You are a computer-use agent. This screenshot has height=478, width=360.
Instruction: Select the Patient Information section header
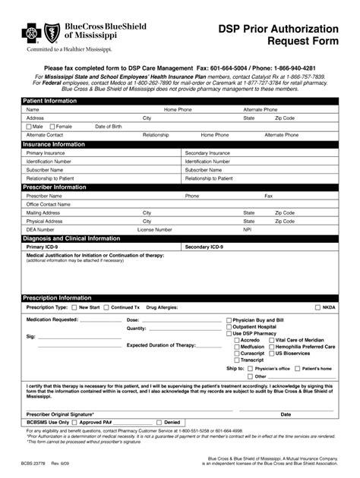pos(49,101)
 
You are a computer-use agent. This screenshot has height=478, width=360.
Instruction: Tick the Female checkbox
pos(51,126)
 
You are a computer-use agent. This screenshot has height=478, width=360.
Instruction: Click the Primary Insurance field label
pos(46,153)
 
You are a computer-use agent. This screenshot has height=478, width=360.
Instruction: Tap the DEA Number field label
pos(40,229)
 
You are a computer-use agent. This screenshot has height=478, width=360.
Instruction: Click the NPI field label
pos(247,229)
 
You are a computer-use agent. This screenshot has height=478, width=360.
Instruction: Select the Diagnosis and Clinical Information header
pos(71,238)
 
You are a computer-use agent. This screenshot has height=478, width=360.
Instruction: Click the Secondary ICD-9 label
pos(204,247)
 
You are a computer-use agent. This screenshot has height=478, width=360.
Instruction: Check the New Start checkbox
pos(74,307)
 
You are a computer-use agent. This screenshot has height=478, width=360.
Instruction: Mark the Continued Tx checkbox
pos(107,307)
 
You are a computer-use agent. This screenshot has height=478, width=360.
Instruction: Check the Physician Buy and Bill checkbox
pos(229,320)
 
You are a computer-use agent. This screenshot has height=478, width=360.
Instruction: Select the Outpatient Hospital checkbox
pos(229,327)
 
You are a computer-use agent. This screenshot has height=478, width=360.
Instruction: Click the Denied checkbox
pos(159,422)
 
